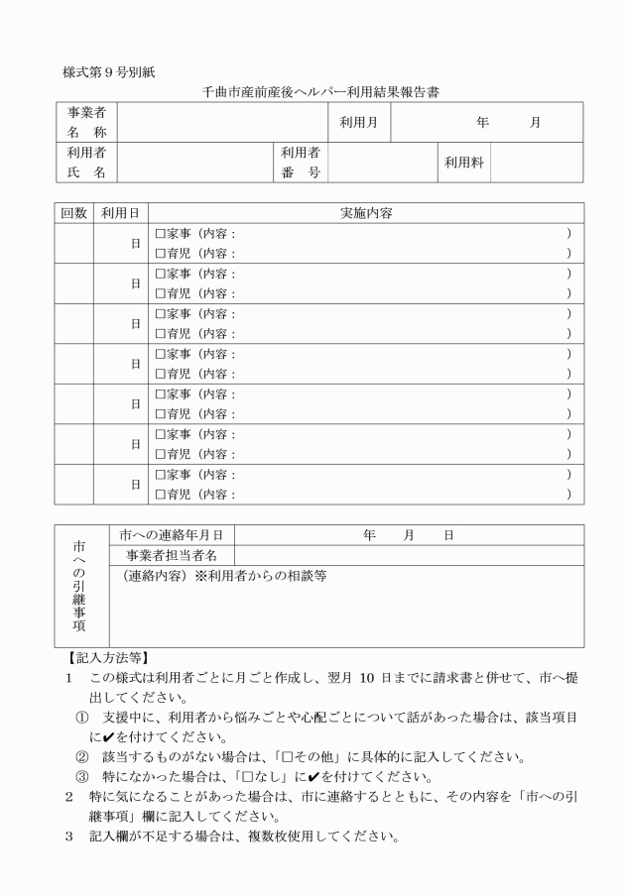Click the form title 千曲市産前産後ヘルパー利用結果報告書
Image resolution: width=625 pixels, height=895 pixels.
click(313, 92)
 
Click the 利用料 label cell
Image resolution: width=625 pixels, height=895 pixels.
click(464, 163)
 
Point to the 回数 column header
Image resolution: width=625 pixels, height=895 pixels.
click(74, 213)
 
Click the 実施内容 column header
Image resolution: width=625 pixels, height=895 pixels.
click(366, 213)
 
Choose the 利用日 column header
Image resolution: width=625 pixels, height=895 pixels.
click(120, 213)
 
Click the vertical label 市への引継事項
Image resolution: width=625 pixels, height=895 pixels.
click(78, 586)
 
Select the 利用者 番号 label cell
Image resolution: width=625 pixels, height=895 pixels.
click(300, 163)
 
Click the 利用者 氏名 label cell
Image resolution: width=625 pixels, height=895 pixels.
click(86, 163)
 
